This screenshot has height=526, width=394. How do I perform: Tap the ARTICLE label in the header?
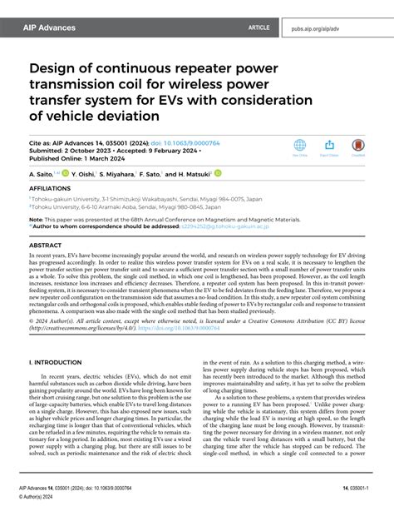(x=259, y=27)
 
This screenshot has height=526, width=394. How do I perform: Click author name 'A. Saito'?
(x=41, y=175)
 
